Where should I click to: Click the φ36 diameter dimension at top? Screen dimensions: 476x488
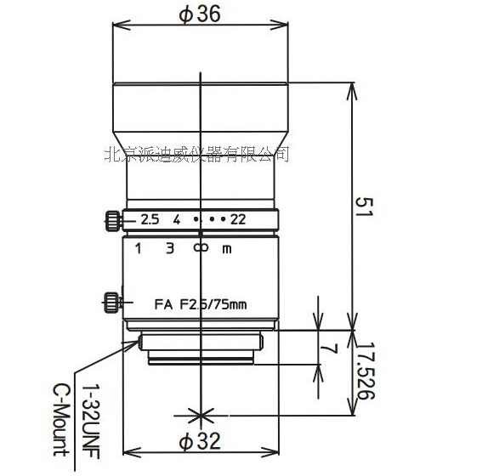point(199,14)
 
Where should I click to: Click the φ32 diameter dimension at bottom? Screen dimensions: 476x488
point(199,441)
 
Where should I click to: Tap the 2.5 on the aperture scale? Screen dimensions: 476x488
point(150,219)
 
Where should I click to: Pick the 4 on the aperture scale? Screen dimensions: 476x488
point(176,219)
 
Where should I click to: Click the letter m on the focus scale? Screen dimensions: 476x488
point(226,249)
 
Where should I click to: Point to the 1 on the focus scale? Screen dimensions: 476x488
point(138,248)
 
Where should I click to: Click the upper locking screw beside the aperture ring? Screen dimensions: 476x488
point(111,220)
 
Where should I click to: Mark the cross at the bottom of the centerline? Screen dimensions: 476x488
point(201,416)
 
